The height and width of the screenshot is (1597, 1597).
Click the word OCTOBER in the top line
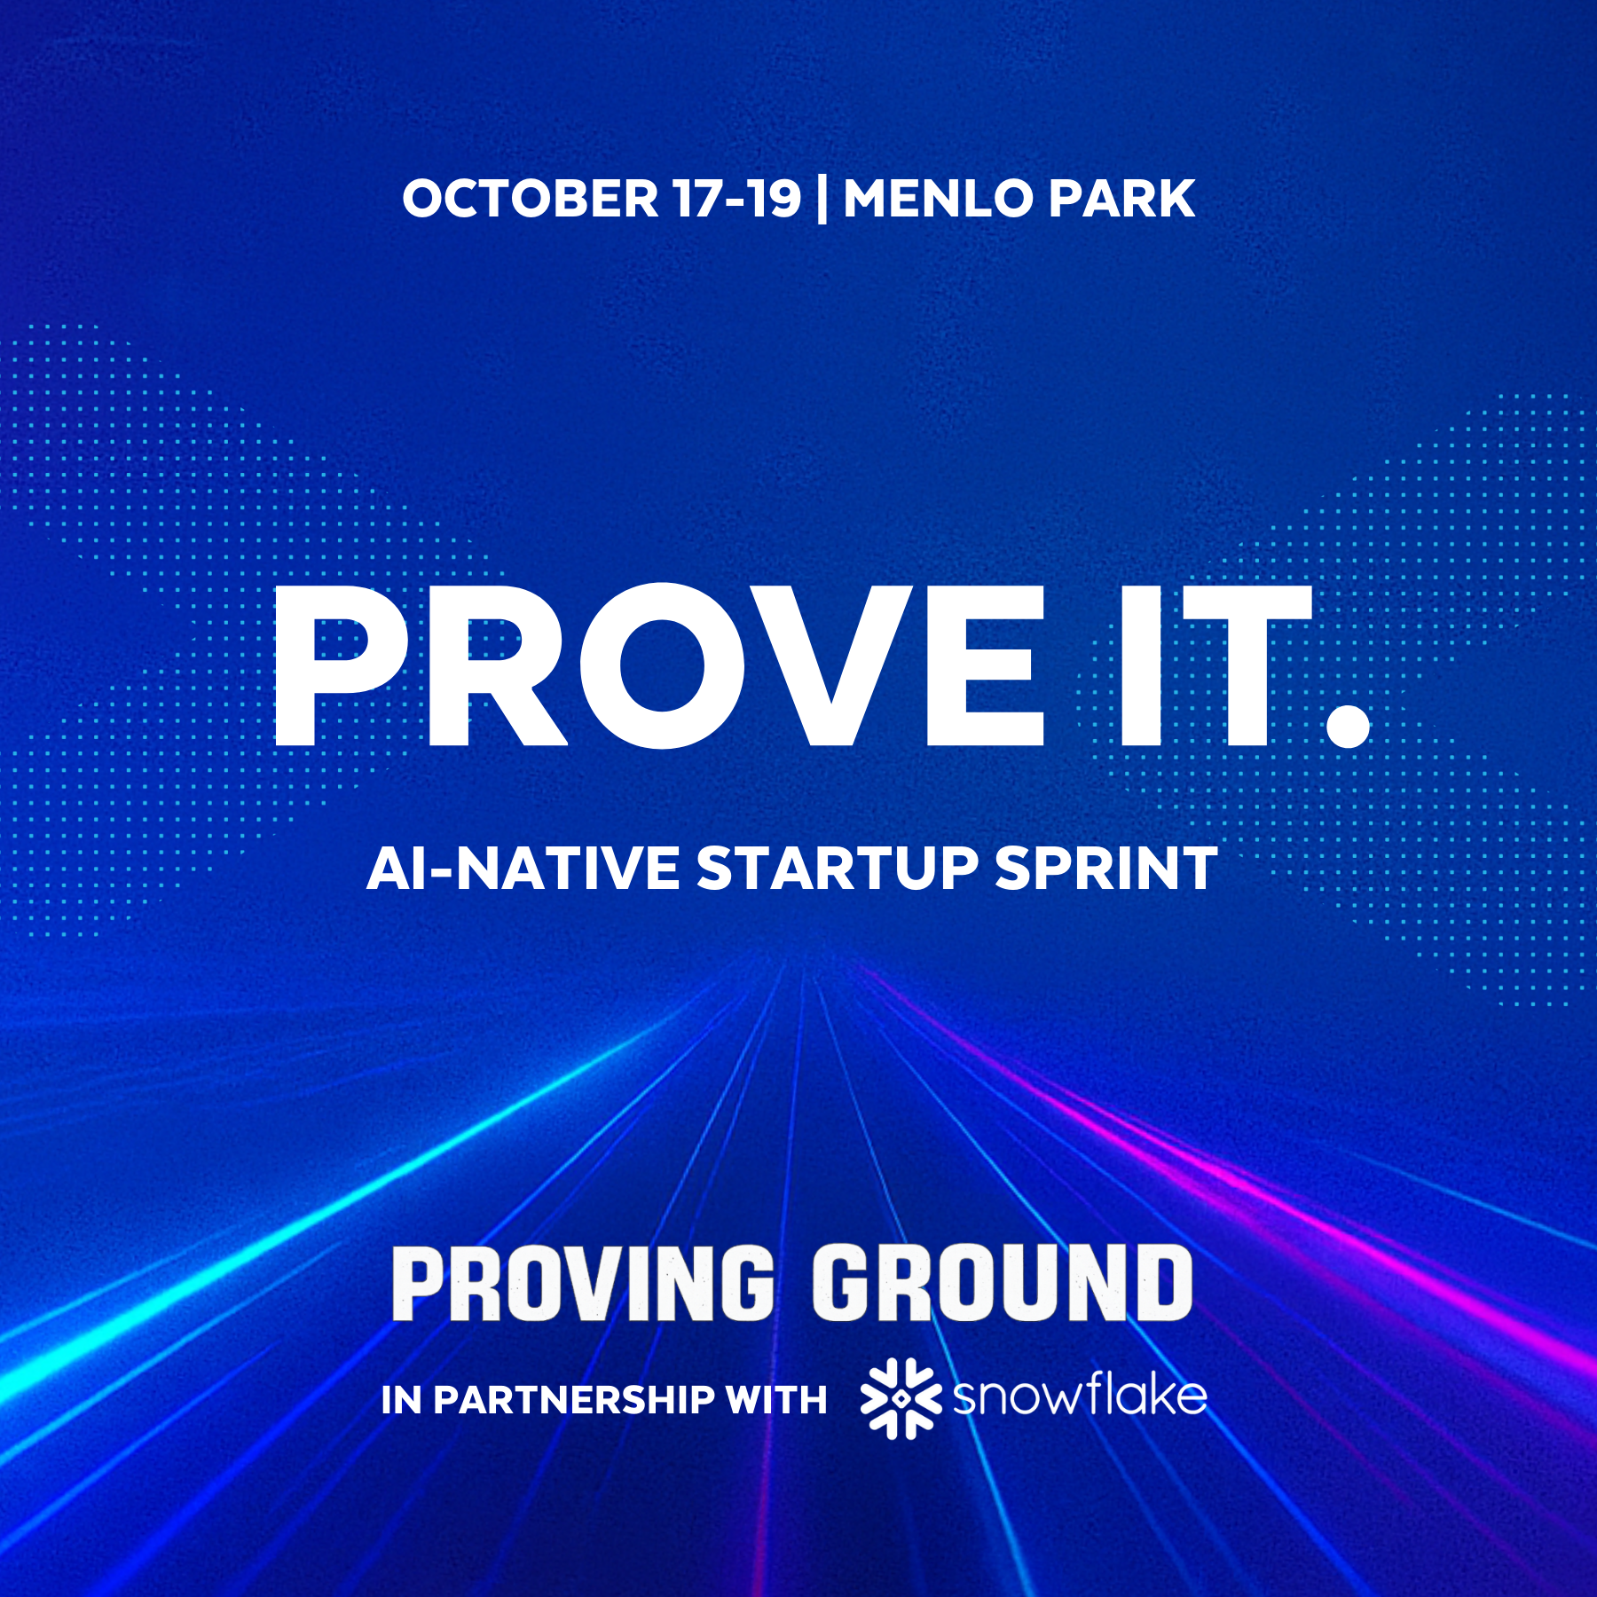531,198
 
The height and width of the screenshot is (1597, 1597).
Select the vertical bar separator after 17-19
822,200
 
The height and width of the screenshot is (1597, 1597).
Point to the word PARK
1122,198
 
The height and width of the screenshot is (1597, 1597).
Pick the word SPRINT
1105,868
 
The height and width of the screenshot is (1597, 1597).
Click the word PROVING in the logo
583,1283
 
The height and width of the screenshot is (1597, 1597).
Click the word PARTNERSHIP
573,1399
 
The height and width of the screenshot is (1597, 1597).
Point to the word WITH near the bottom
776,1399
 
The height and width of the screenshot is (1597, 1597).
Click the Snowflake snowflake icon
901,1398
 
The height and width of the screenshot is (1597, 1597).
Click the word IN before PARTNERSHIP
401,1399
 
